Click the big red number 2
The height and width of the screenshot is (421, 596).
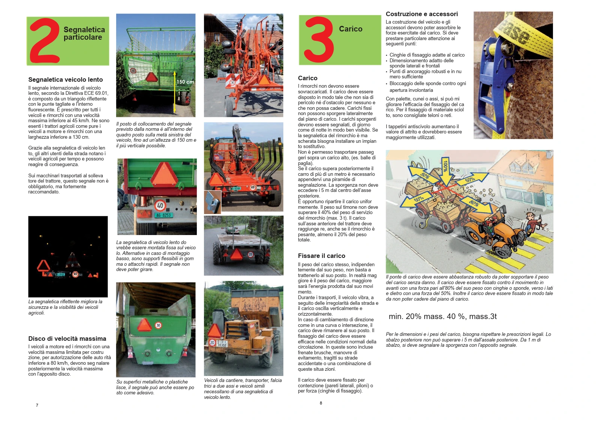point(44,40)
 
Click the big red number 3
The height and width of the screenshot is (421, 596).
point(319,39)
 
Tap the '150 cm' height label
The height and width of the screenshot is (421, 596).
point(186,82)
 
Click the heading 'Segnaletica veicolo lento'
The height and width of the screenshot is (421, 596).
point(66,79)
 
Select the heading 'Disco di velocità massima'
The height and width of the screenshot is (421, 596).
point(67,339)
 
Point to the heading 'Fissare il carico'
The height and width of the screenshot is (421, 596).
point(321,256)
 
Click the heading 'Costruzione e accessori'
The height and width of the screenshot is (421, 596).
point(422,14)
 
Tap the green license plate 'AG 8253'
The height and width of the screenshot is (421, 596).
point(164,215)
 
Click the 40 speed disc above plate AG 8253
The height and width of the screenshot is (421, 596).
point(160,205)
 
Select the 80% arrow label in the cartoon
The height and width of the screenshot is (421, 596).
point(474,203)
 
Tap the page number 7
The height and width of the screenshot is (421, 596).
point(37,405)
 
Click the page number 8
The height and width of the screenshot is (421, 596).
point(320,403)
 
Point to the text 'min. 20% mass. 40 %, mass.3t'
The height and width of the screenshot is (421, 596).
point(442,316)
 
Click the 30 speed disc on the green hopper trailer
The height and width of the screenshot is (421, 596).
point(158,325)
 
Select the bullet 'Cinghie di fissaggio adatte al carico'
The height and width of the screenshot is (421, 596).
point(427,55)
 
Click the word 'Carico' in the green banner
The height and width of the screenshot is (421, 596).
point(350,29)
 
